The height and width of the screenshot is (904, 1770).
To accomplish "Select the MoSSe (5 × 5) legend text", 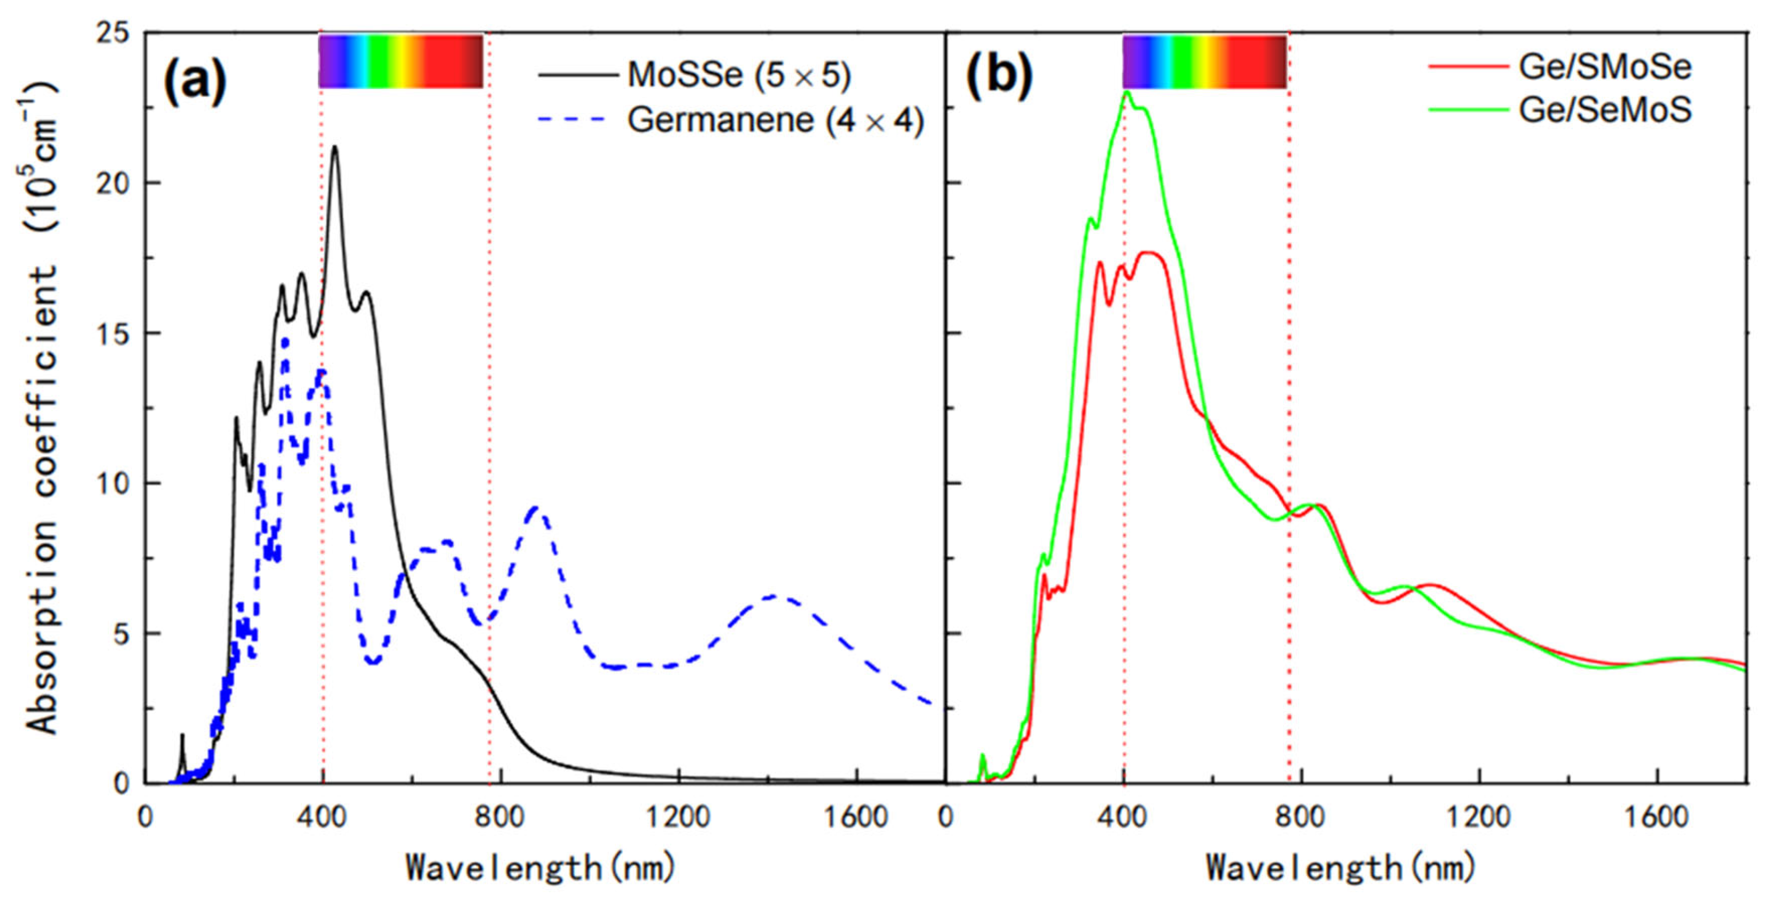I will pyautogui.click(x=739, y=74).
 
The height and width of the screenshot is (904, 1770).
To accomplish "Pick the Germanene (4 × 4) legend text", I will pyautogui.click(x=775, y=120).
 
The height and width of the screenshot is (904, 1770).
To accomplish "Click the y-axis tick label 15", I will pyautogui.click(x=114, y=333).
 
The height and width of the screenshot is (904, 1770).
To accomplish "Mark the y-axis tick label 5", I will pyautogui.click(x=122, y=634).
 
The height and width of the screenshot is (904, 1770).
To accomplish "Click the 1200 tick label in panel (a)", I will pyautogui.click(x=679, y=817).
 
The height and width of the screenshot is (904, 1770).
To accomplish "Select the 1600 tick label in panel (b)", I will pyautogui.click(x=1657, y=817).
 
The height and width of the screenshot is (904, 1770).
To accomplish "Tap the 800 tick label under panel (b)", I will pyautogui.click(x=1301, y=817).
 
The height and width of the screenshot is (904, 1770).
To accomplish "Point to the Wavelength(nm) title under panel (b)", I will pyautogui.click(x=1341, y=868).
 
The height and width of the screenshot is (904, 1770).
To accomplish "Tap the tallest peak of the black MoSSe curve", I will pyautogui.click(x=335, y=147).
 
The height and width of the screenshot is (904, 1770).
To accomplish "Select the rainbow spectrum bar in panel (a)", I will pyautogui.click(x=400, y=61).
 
